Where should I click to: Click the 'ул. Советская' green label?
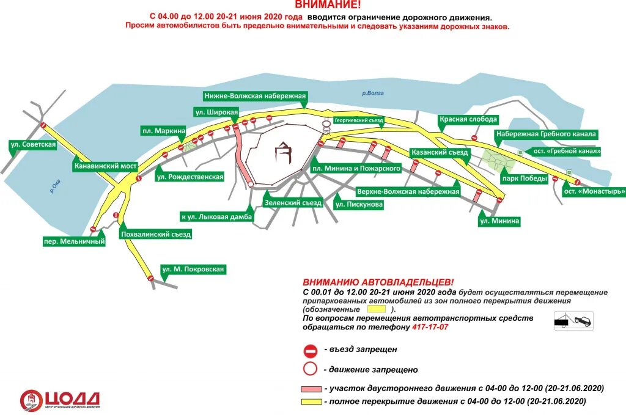tap(33, 145)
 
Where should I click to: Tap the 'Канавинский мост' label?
tap(105, 166)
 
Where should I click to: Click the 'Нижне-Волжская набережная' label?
tap(255, 96)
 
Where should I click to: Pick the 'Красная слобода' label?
tap(468, 119)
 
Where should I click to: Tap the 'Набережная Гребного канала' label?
tap(546, 134)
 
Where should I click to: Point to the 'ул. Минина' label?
tap(499, 221)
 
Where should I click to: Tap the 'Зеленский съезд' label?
tap(293, 203)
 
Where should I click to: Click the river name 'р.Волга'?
tap(372, 94)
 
